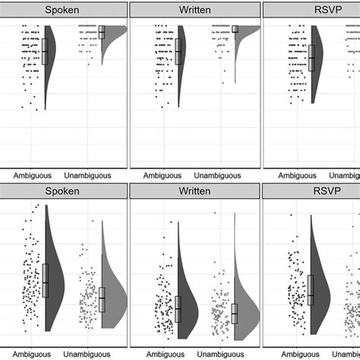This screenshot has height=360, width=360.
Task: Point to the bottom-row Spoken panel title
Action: click(62, 193)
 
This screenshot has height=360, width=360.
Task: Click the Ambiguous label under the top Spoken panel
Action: click(31, 174)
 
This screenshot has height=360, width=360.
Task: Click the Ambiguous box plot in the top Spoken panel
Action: click(45, 51)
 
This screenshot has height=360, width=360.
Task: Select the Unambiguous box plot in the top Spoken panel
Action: click(102, 32)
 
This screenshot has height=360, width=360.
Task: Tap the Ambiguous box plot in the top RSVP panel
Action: click(311, 58)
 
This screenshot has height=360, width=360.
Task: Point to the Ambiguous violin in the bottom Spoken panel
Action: click(53, 273)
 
